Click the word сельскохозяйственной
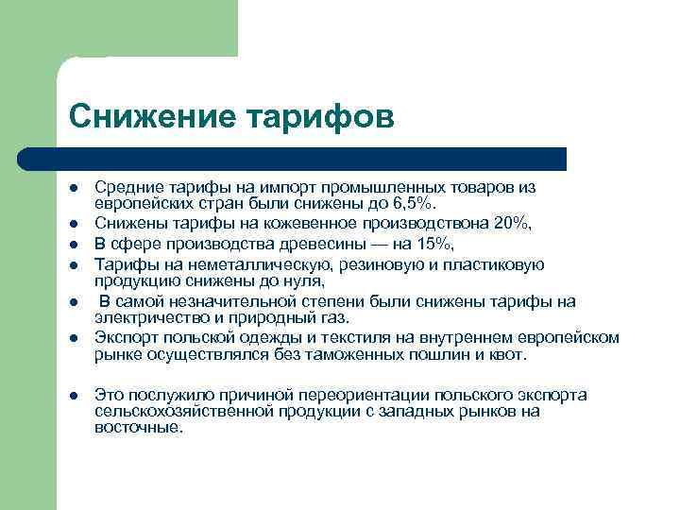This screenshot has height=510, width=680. pos(180,411)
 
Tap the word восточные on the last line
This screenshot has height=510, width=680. pos(137,427)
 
